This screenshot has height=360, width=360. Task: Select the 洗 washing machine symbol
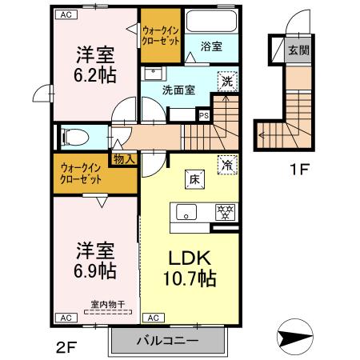227,81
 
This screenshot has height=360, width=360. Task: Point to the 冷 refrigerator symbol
228,164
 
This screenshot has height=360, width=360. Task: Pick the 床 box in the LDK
193,179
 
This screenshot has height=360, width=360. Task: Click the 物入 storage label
125,159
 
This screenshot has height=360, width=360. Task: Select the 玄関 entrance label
298,48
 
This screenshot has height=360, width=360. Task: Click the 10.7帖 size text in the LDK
190,279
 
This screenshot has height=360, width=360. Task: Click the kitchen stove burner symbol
226,212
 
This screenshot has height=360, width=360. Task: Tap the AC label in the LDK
154,318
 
